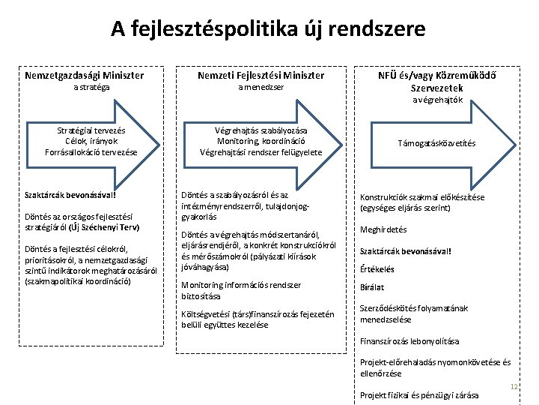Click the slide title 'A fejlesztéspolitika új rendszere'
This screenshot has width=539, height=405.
[268, 29]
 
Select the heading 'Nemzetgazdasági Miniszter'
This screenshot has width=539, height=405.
[85, 75]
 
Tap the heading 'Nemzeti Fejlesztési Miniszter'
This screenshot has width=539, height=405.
[261, 75]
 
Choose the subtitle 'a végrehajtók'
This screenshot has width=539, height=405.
[438, 100]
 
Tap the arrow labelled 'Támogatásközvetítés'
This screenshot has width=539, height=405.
[436, 142]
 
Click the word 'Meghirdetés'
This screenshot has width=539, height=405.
[384, 229]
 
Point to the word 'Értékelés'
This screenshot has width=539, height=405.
[377, 269]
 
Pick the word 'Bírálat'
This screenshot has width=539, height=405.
[372, 286]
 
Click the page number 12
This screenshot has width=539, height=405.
[514, 387]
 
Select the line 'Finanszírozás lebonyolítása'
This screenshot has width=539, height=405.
[409, 341]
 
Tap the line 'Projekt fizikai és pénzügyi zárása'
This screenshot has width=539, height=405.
[419, 395]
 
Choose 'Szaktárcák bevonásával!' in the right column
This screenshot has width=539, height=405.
[405, 250]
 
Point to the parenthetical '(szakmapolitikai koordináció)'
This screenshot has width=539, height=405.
[78, 281]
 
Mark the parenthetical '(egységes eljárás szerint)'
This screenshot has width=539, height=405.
[405, 208]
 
